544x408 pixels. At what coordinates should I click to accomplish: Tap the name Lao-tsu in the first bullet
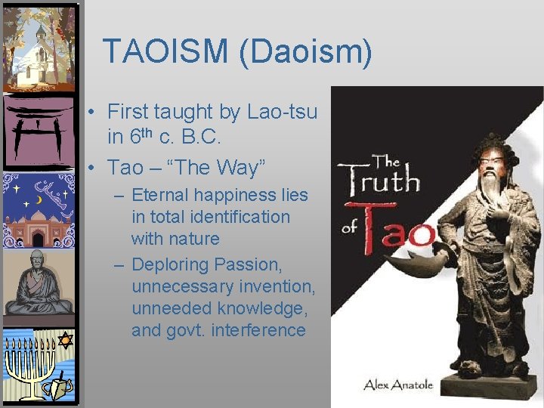(281, 112)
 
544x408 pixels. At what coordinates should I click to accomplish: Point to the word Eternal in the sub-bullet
(160, 195)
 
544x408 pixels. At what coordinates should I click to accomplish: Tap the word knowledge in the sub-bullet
(265, 308)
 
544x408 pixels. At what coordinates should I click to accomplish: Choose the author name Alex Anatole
(398, 385)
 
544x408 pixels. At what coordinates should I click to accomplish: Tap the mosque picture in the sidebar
(39, 212)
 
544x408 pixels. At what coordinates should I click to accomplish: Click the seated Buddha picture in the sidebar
(39, 284)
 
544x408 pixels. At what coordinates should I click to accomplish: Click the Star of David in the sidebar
(65, 341)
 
